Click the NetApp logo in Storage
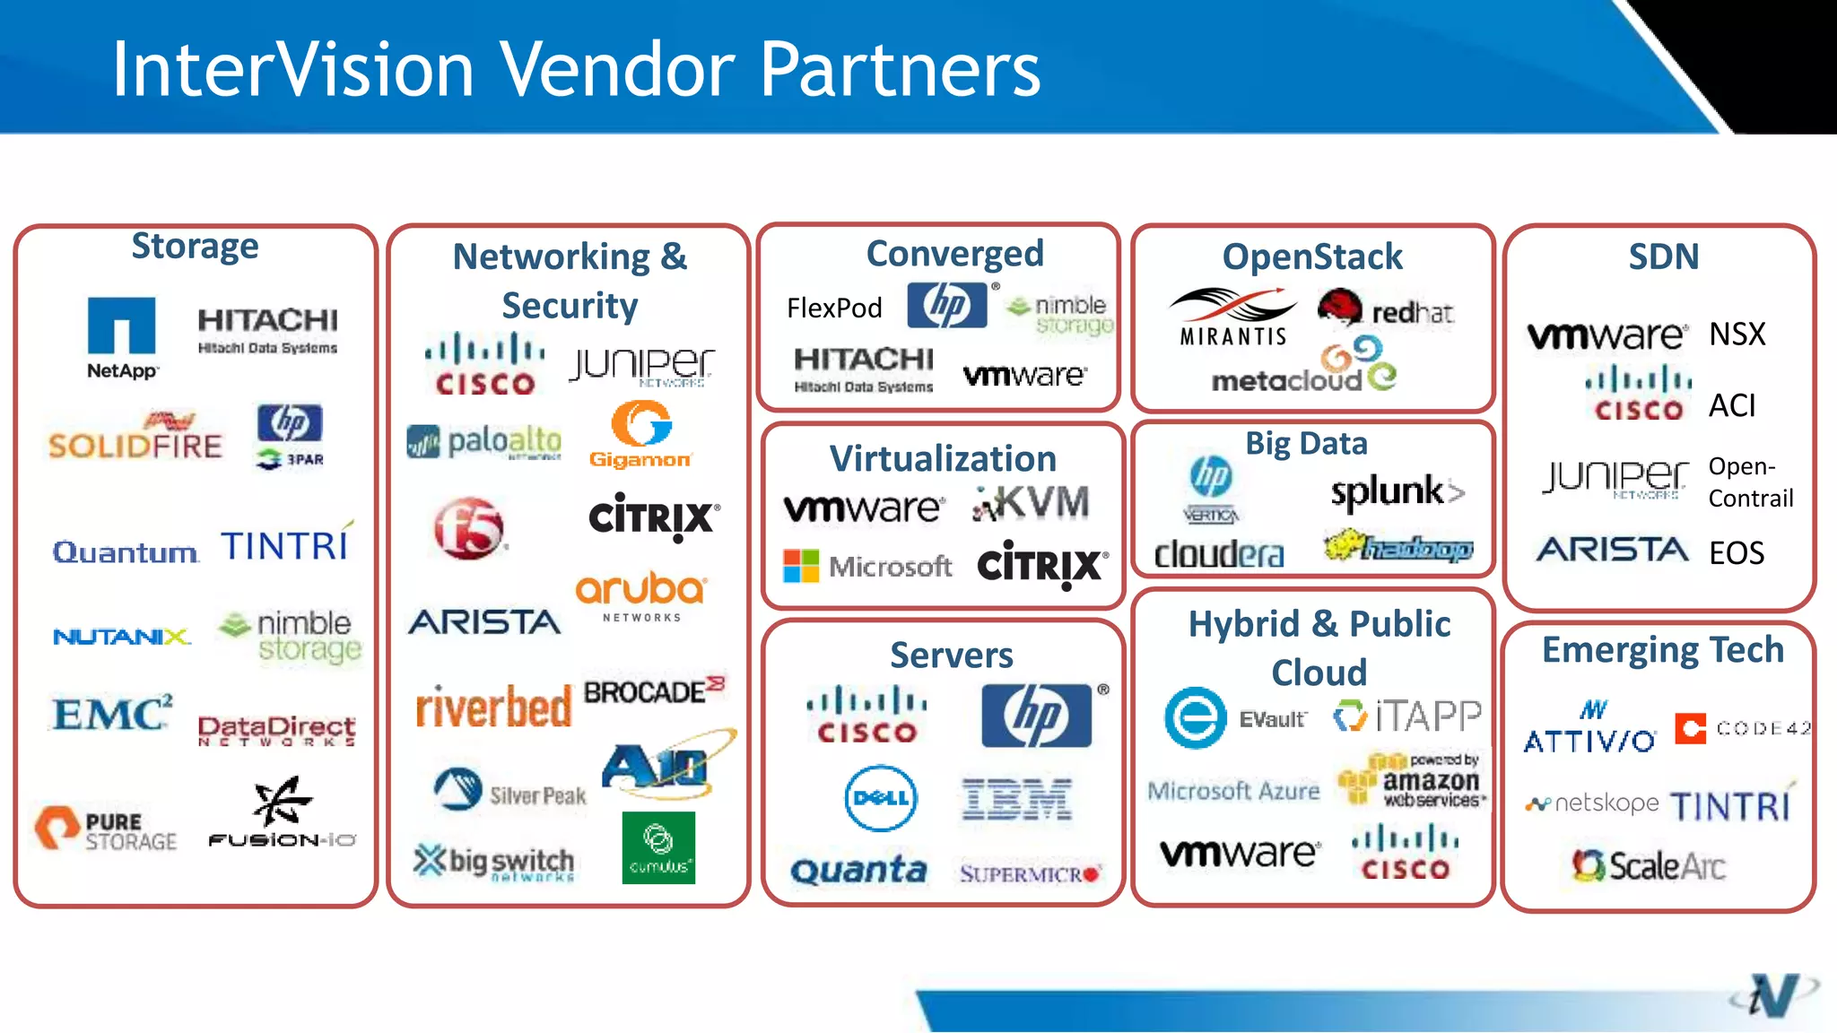coord(122,337)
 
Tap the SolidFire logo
coord(135,439)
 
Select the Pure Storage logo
coord(106,829)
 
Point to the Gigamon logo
coord(640,436)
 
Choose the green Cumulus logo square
coord(658,847)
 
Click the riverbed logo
coord(492,707)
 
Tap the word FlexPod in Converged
coord(834,308)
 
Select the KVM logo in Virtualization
coord(1032,504)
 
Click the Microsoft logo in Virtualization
coord(866,566)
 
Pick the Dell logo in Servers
coord(881,798)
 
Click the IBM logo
coord(1016,799)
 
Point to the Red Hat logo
coord(1385,310)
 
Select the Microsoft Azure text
coord(1233,791)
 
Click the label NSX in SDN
coord(1737,334)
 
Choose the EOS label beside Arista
coord(1737,553)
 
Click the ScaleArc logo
coord(1649,866)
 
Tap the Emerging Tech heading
coord(1662,650)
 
